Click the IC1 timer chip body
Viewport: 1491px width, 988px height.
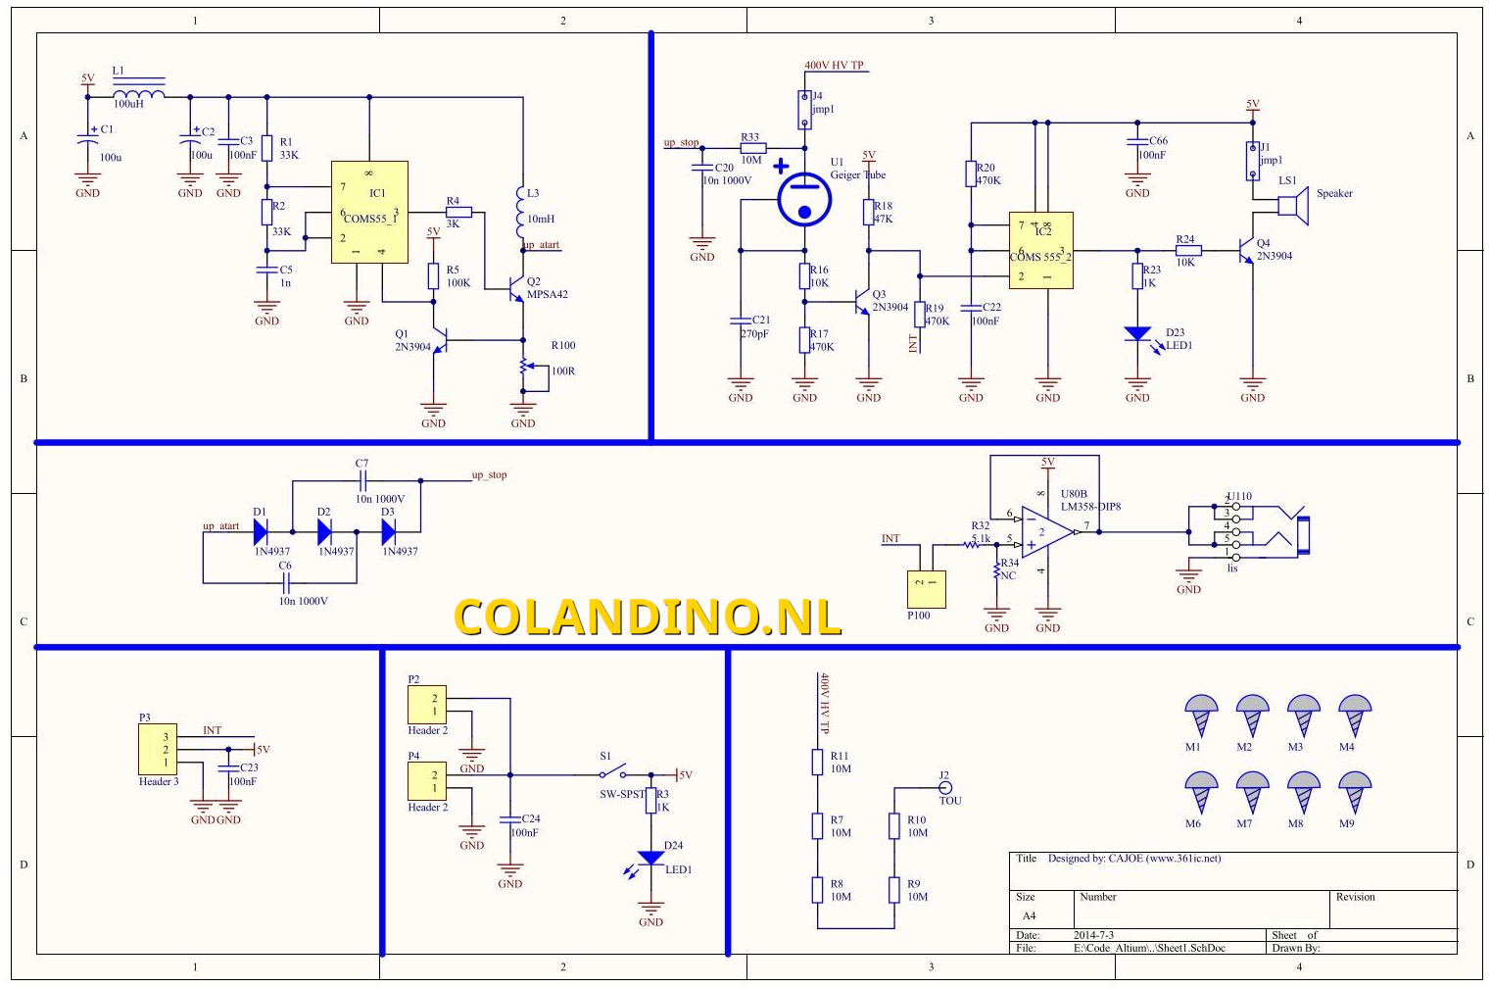pos(369,212)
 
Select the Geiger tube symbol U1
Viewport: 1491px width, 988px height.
pos(804,199)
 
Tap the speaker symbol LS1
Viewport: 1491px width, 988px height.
pos(1294,205)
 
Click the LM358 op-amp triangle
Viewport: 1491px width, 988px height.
pos(1045,532)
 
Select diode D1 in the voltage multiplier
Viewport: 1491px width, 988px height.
pos(261,532)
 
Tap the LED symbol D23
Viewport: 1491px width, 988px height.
pos(1137,334)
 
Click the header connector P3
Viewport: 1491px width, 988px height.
pos(157,750)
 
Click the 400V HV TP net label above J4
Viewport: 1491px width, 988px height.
pos(834,66)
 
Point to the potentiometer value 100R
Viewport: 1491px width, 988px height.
pos(563,371)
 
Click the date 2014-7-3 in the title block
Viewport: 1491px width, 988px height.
pos(1093,935)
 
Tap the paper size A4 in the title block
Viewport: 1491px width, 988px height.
pos(1029,915)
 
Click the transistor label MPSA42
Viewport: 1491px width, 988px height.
pos(547,294)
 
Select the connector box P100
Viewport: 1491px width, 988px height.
pos(926,589)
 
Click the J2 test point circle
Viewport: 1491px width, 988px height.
pos(945,787)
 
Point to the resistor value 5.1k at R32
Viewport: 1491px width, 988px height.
pos(981,538)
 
